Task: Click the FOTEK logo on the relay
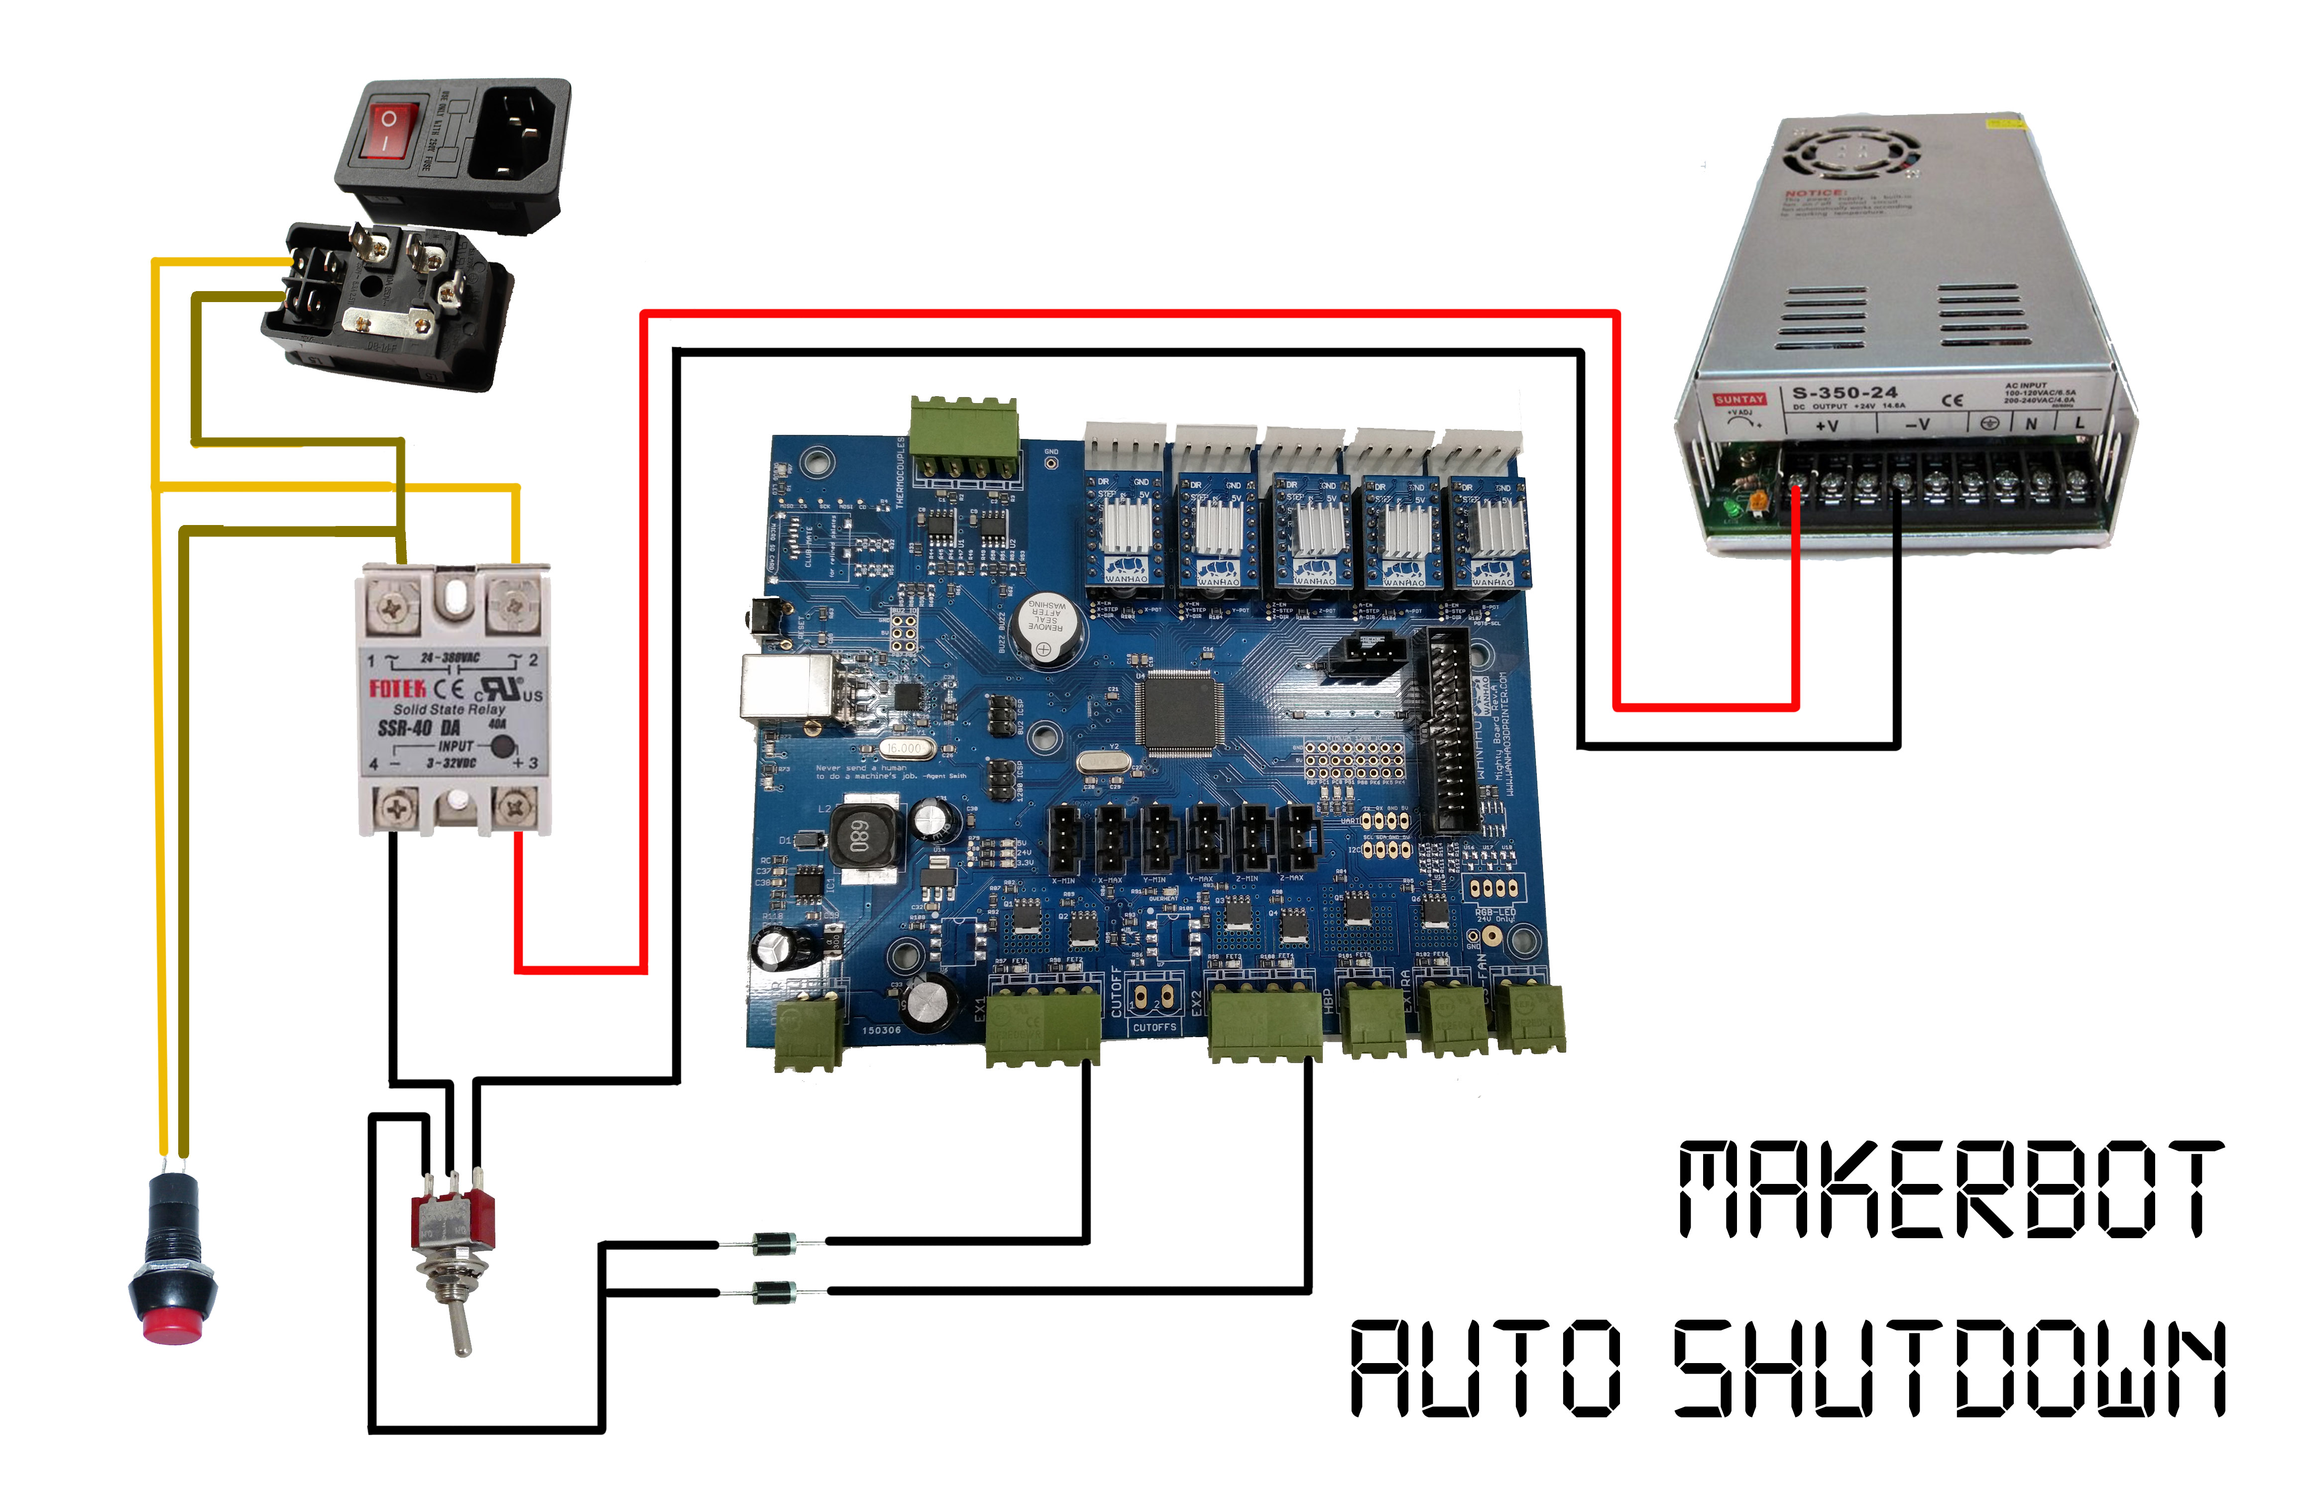pos(397,688)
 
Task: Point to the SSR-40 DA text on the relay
pos(419,728)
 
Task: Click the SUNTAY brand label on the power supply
pos(1739,399)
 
